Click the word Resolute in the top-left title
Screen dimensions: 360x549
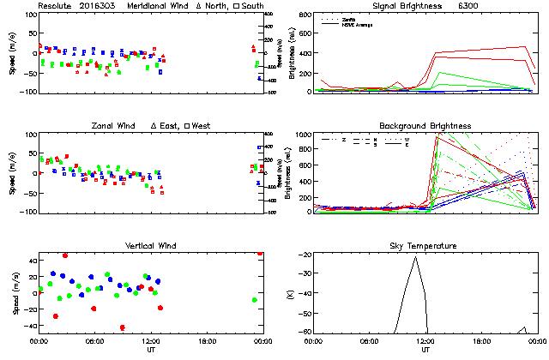pos(57,6)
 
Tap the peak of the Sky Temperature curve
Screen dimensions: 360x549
pos(416,256)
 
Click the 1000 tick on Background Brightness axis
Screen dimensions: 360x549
pos(302,135)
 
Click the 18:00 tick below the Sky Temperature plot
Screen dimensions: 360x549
pos(481,341)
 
